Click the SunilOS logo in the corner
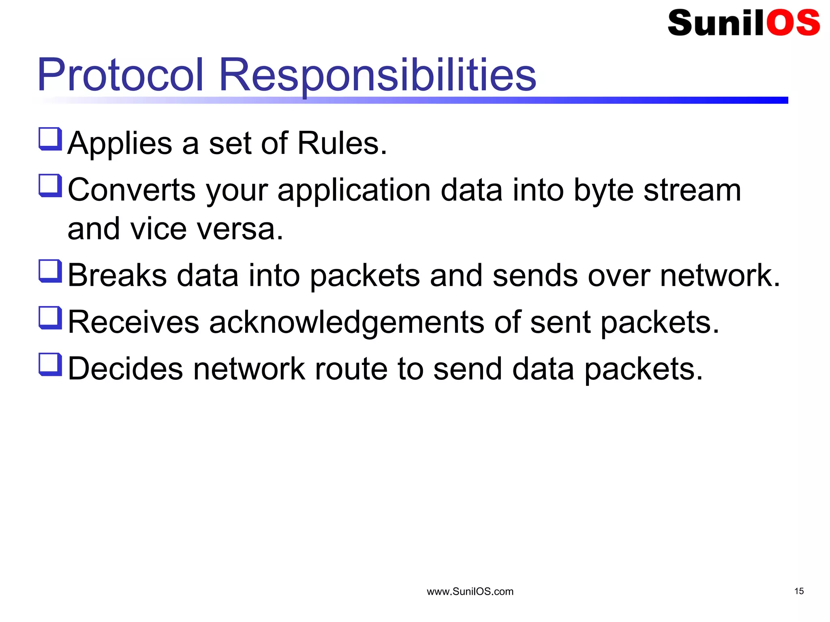pyautogui.click(x=743, y=23)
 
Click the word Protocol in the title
pyautogui.click(x=120, y=75)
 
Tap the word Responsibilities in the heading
pyautogui.click(x=377, y=75)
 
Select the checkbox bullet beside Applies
pyautogui.click(x=50, y=139)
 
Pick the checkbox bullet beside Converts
pyautogui.click(x=50, y=185)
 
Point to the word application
pyautogui.click(x=354, y=190)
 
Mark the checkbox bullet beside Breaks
pyautogui.click(x=50, y=271)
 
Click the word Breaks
pyautogui.click(x=117, y=276)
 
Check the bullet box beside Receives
pyautogui.click(x=50, y=317)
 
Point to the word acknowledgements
pyautogui.click(x=347, y=322)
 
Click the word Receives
pyautogui.click(x=133, y=322)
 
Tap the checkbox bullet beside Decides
pyautogui.click(x=50, y=364)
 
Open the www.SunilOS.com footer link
pyautogui.click(x=470, y=592)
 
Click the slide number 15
pyautogui.click(x=799, y=591)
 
